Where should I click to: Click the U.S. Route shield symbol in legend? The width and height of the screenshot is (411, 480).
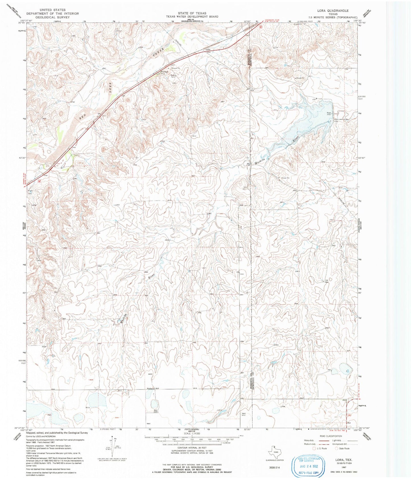click(x=314, y=448)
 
